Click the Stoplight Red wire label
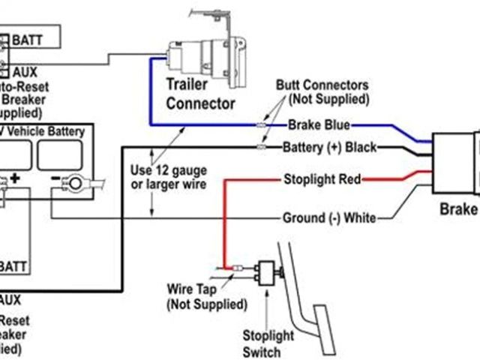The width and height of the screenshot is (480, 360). (x=322, y=179)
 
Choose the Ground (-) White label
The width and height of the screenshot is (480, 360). (x=329, y=218)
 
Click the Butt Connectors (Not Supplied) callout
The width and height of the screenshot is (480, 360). (x=322, y=91)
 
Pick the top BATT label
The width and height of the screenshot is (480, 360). (x=27, y=39)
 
